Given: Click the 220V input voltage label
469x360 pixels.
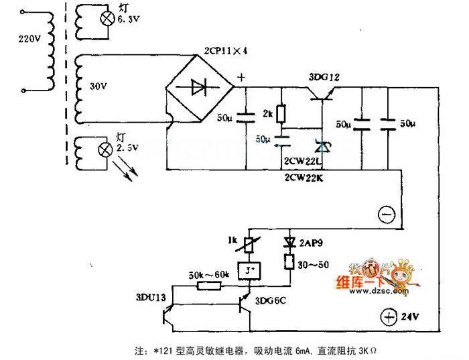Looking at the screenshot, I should click(x=29, y=38).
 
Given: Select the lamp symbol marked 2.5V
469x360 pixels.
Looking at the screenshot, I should click(x=105, y=147).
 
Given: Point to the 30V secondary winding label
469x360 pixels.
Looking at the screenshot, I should click(x=98, y=86).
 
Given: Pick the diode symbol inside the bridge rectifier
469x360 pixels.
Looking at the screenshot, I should click(x=199, y=86).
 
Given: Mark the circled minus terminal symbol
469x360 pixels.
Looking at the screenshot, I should click(x=386, y=214).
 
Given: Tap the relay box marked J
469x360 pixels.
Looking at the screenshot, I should click(x=249, y=270).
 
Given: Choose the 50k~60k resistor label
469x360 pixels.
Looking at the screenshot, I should click(x=209, y=274).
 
